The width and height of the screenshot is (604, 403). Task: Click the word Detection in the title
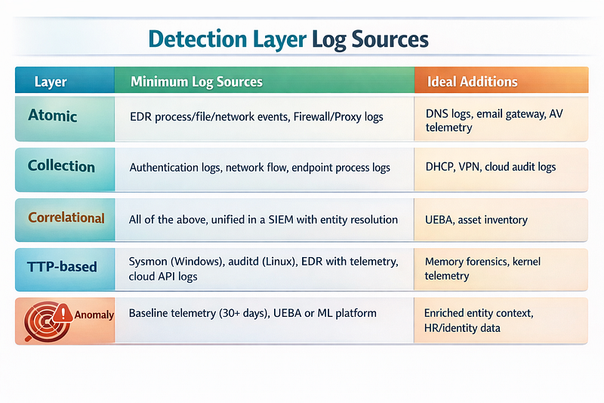coord(198,39)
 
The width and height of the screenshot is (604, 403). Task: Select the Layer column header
coord(51,82)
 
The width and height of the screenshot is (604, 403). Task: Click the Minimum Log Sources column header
coord(196,82)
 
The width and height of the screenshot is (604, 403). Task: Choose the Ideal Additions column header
coord(473,82)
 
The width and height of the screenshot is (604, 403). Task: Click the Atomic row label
coord(52,116)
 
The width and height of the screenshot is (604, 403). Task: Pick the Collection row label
coord(61,166)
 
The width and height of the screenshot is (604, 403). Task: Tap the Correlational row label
coord(66,218)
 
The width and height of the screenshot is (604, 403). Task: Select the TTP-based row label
coord(62,267)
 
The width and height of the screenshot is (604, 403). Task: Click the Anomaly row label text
coord(94,315)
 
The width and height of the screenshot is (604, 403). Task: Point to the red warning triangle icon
coord(63,313)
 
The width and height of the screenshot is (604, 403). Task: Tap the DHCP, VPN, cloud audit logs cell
coord(490,167)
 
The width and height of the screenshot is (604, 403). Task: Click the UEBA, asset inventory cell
coord(476,220)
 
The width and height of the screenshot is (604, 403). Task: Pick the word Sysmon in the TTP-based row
coord(148,262)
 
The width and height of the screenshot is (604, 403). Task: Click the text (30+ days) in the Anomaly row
coord(244,313)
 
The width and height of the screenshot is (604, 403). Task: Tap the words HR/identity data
coord(462,328)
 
